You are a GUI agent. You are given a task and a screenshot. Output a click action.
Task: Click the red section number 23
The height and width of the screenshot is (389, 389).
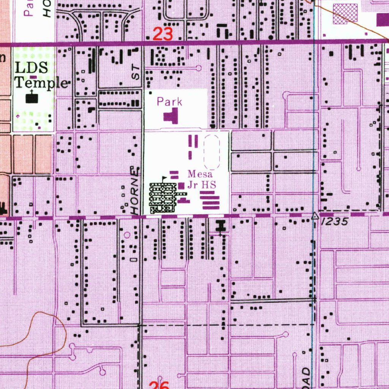[x=163, y=35]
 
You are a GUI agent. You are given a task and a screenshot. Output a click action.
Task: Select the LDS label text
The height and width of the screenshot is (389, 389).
[x=32, y=68]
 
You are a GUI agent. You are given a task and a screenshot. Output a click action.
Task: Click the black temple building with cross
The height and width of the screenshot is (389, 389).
[x=32, y=98]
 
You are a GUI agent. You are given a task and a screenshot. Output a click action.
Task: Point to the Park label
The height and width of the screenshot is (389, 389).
[x=169, y=102]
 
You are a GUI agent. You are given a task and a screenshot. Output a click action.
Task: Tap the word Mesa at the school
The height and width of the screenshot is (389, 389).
[x=200, y=175]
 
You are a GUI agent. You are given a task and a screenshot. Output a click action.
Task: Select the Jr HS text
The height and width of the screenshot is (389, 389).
[x=201, y=185]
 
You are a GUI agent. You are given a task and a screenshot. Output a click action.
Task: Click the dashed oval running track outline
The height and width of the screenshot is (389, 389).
[x=212, y=152]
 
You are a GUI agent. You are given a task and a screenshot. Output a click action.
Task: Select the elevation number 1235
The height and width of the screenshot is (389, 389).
[x=335, y=222]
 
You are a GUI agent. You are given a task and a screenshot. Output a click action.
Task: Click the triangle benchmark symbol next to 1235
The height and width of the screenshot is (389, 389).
[x=315, y=216]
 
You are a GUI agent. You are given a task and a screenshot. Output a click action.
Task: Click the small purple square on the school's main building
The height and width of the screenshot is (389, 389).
[x=182, y=185]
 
